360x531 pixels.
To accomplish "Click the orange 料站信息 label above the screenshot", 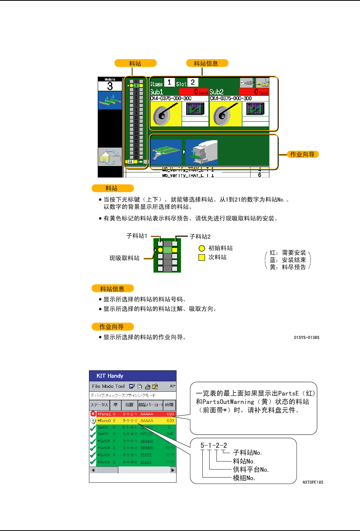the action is (x=207, y=63).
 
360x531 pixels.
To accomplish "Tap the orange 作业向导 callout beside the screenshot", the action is (x=302, y=155).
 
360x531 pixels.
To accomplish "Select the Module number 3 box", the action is (x=110, y=86).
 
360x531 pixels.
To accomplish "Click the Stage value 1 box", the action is (x=169, y=82).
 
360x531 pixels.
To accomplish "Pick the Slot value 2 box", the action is (x=193, y=82).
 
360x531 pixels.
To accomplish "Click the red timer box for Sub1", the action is (x=194, y=92).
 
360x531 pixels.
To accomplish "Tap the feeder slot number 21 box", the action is (x=131, y=162).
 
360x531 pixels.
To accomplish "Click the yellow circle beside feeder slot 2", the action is (x=131, y=86).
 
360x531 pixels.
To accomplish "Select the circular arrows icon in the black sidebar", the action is (x=110, y=157).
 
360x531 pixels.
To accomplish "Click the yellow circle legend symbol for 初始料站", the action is (x=202, y=249).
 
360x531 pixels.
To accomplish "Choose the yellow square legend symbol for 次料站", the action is (x=202, y=258).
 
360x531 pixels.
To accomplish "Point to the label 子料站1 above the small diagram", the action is (x=137, y=236).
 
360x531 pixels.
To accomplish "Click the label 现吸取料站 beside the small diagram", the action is (x=124, y=258).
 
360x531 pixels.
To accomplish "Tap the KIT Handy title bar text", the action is (x=110, y=376).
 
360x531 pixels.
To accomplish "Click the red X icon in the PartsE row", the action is (x=93, y=414).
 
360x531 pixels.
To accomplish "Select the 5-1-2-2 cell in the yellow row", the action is (x=130, y=421).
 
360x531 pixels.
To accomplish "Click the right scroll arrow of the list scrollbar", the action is (x=173, y=470).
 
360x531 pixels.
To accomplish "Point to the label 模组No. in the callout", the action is (x=244, y=478).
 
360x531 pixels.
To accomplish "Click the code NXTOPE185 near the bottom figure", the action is (x=313, y=483).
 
